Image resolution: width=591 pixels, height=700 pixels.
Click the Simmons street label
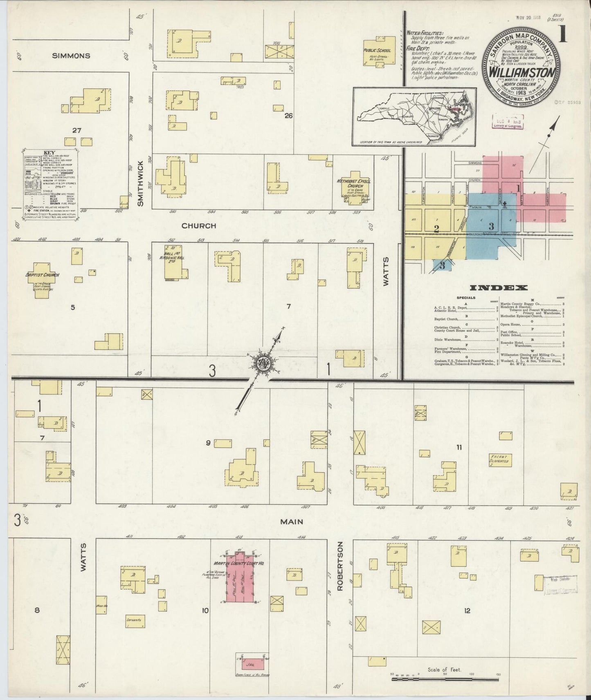(71, 56)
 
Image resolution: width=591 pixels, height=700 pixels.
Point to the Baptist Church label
(43, 275)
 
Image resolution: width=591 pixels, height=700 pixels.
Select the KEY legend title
(49, 153)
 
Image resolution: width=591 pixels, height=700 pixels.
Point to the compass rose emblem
(263, 363)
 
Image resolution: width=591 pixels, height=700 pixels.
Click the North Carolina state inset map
(414, 116)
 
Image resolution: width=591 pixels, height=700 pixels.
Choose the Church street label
(199, 226)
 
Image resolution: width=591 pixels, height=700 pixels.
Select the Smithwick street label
(141, 183)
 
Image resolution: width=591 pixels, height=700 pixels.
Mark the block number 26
(288, 116)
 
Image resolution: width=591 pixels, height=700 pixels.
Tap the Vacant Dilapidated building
(499, 459)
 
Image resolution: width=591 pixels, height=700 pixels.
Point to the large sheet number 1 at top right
(563, 35)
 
